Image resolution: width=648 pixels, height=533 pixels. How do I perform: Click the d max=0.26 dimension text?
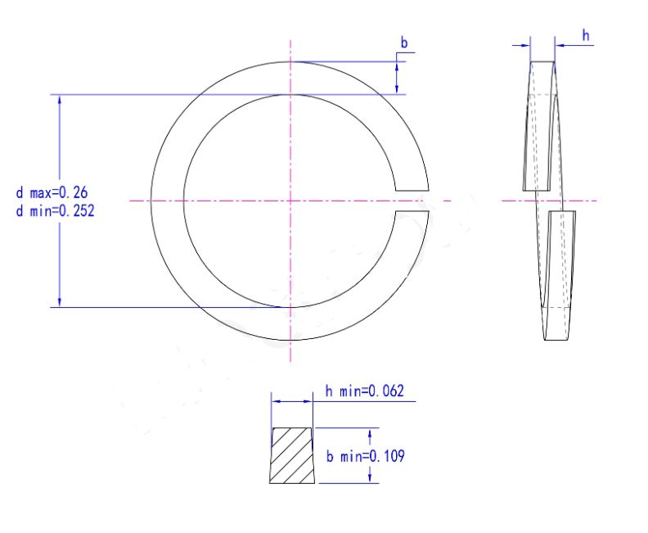(52, 192)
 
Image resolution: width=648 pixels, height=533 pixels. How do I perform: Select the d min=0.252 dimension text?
(55, 211)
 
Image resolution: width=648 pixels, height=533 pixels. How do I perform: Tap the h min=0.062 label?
(365, 391)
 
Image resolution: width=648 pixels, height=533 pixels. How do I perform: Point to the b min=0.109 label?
(366, 456)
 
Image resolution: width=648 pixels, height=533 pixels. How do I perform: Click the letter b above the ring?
(403, 43)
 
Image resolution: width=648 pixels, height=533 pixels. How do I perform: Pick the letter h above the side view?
(586, 35)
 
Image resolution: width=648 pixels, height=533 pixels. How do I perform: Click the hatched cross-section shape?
(292, 455)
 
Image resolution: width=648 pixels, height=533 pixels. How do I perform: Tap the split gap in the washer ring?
(412, 201)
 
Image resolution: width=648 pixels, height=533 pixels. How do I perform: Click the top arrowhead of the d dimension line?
(60, 100)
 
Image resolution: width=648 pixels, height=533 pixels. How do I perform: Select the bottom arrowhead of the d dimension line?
(60, 302)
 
